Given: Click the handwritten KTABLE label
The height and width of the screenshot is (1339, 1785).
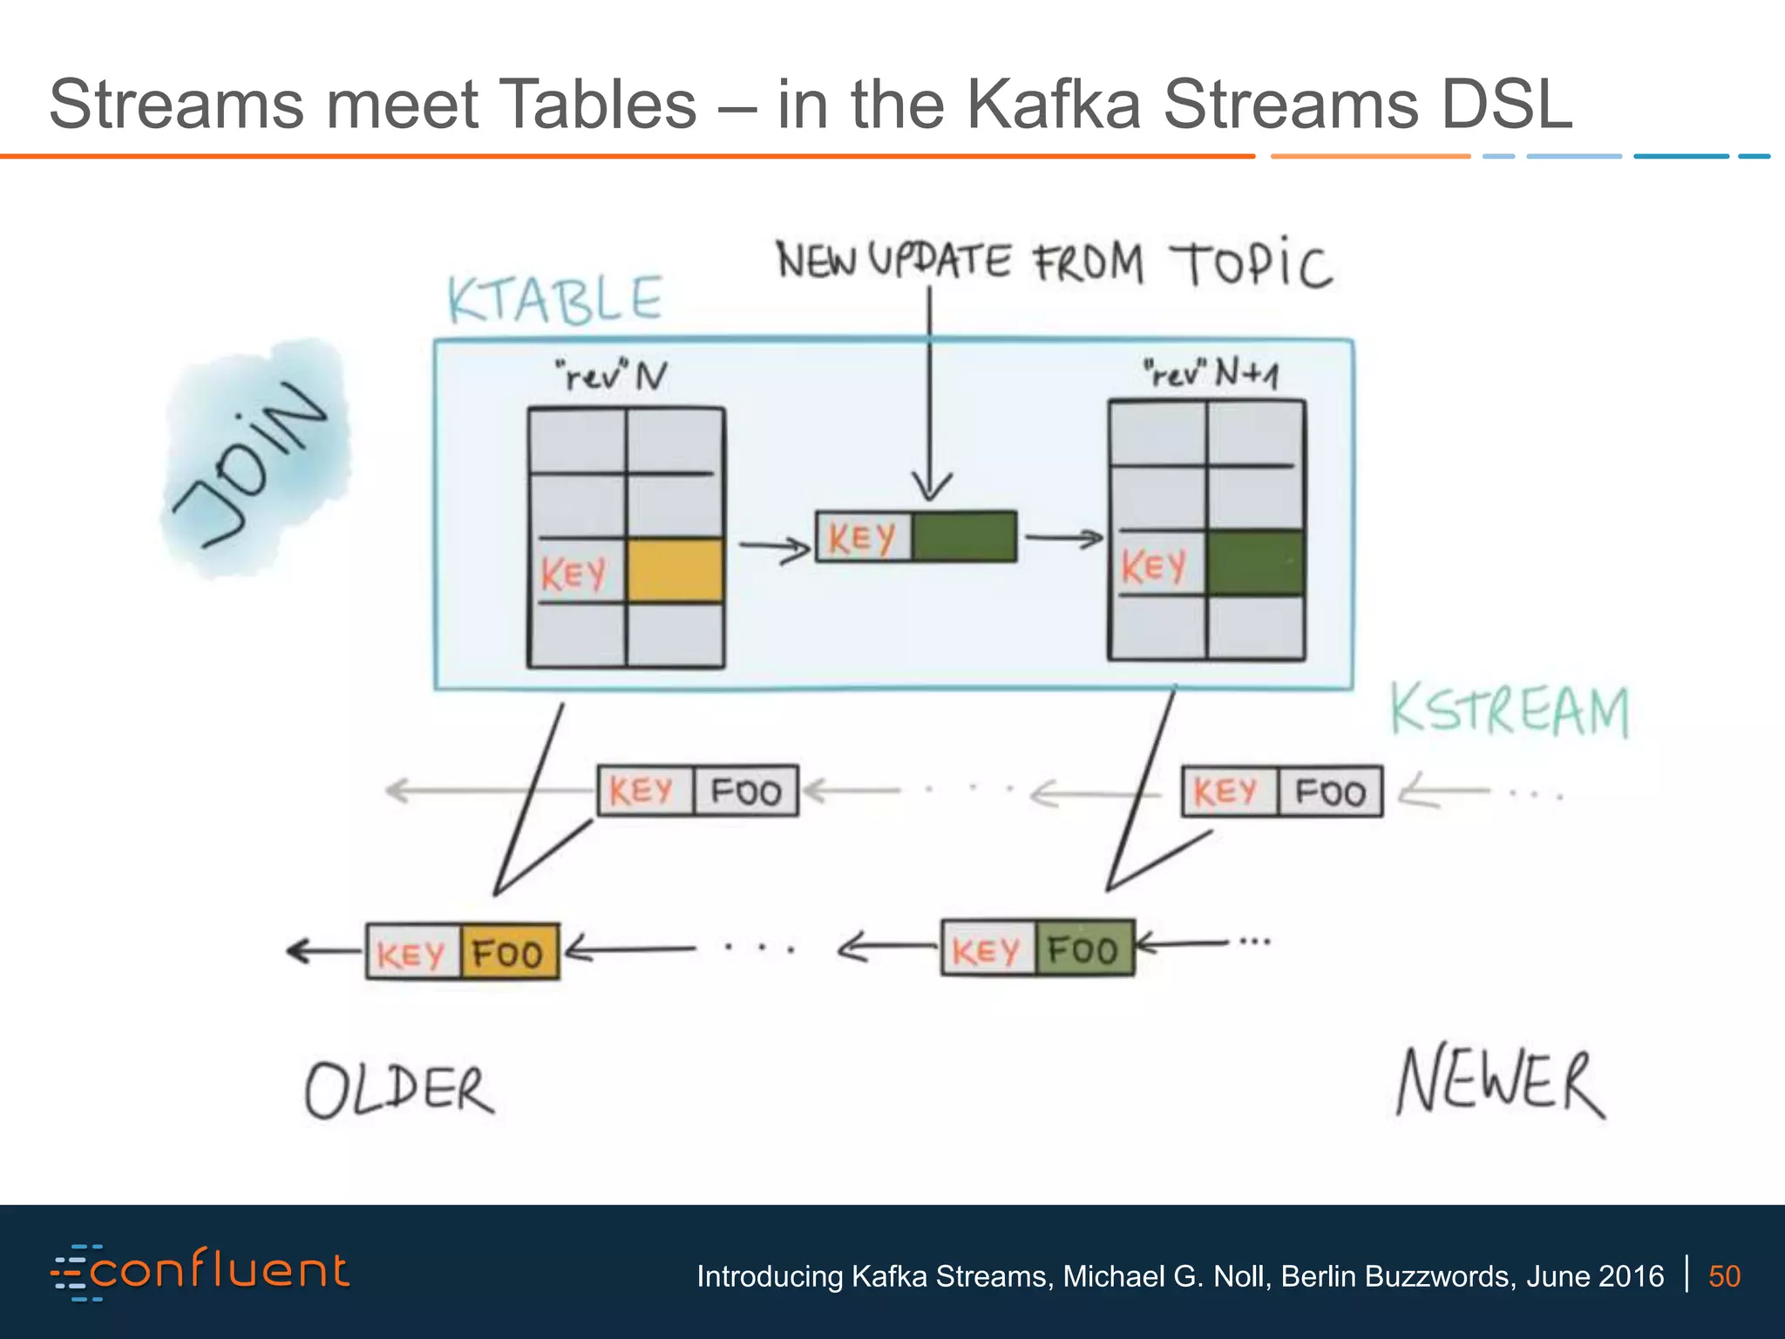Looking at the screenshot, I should point(555,300).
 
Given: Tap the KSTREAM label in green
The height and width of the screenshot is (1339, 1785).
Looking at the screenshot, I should point(1509,710).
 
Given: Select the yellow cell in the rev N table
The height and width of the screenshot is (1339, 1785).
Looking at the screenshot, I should point(675,571).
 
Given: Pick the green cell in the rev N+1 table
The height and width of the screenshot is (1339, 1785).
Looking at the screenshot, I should point(1255,563).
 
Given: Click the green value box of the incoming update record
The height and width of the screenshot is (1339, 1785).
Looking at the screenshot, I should point(964,536).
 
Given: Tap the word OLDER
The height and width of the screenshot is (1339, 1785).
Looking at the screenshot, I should point(399,1091).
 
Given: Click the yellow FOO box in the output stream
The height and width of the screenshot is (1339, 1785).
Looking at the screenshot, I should point(509,952).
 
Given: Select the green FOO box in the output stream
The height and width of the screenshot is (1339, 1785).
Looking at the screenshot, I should point(1084,948).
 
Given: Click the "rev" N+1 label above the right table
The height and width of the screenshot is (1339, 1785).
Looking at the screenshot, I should point(1211,373).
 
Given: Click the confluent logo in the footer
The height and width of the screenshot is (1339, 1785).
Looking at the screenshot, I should point(200,1272).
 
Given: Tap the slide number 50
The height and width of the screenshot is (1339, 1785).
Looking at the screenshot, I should point(1724,1276).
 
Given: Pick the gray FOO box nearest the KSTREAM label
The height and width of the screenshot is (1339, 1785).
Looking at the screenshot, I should point(1330,792).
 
